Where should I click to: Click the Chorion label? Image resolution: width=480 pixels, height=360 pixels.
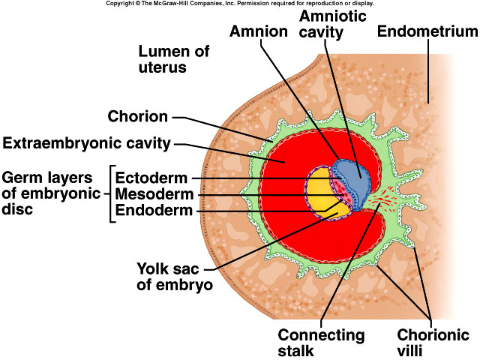[138, 116]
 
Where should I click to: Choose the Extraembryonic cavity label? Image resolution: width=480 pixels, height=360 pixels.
[87, 142]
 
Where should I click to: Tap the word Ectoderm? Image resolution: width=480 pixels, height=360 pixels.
[151, 178]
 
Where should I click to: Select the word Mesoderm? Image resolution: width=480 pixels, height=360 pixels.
[152, 194]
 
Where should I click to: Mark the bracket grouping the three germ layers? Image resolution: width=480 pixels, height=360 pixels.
[112, 193]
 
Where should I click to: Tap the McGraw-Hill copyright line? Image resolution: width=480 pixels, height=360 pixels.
[240, 4]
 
